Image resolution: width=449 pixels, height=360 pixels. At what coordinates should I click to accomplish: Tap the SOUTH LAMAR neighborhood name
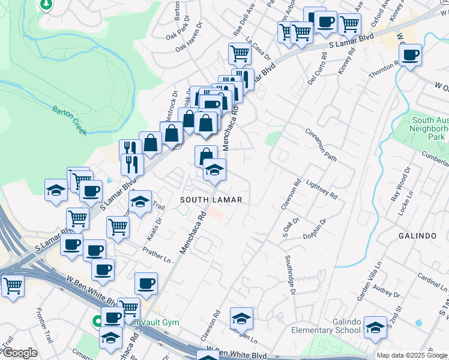[211, 199]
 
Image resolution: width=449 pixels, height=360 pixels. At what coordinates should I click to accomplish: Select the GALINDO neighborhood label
[417, 236]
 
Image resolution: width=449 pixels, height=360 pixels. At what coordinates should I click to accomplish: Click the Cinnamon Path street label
[321, 145]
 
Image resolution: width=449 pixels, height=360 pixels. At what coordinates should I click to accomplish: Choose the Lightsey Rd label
[322, 190]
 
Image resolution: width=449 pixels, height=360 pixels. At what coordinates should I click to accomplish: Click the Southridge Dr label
[290, 275]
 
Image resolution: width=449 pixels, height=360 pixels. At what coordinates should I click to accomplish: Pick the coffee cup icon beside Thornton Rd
[410, 56]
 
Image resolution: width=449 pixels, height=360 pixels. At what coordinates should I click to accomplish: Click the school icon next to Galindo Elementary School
[375, 327]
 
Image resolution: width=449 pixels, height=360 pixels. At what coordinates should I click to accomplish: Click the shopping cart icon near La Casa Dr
[240, 53]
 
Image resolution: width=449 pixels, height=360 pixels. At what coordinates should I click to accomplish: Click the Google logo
[20, 353]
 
